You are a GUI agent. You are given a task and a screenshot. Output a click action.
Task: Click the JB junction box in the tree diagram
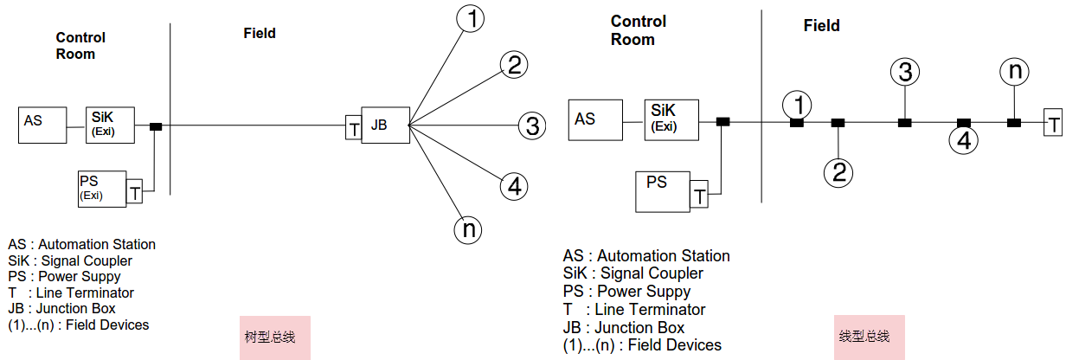pos(385,125)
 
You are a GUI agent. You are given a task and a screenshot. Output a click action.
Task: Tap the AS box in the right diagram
pos(595,119)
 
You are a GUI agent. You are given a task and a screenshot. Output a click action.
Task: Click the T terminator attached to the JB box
pos(353,127)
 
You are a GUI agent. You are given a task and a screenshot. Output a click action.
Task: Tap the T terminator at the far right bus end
pos(1052,123)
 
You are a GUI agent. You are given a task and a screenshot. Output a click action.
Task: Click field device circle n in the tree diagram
pos(467,228)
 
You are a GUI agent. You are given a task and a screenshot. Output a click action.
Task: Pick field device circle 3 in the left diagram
pos(531,126)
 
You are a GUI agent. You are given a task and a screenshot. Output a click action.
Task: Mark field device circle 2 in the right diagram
pos(838,171)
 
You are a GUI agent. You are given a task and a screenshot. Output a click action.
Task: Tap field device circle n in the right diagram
pos(1013,72)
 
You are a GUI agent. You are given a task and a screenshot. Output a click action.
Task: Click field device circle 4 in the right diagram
pos(963,139)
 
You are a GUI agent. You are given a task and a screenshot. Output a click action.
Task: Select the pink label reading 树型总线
pos(275,337)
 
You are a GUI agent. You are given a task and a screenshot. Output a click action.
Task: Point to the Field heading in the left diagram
pos(260,34)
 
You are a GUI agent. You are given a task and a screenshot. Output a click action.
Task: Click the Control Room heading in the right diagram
pos(639,30)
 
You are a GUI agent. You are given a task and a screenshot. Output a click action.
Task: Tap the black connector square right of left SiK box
pos(156,126)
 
